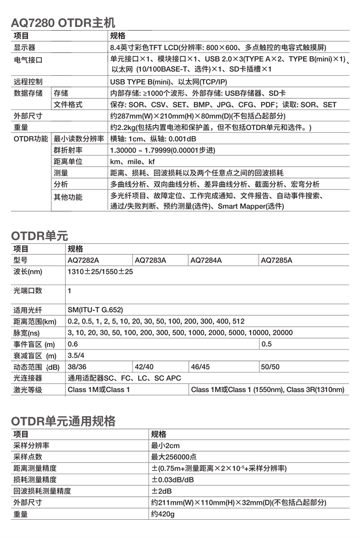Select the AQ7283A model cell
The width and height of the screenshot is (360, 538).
point(150,261)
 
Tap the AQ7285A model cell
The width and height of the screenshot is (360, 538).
point(276,261)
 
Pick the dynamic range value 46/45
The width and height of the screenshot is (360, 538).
point(201,367)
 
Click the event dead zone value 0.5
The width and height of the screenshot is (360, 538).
point(266,344)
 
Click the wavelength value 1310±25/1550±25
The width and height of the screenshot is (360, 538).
point(100,272)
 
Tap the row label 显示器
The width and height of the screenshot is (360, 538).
point(24,48)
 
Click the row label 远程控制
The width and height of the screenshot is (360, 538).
point(28,82)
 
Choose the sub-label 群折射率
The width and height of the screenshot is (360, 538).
point(68,150)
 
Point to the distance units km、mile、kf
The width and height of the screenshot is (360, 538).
point(132,162)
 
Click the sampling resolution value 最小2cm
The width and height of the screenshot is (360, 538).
point(166,445)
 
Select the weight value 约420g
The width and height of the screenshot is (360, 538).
point(163,514)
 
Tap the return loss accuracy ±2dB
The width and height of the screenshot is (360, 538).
point(162,491)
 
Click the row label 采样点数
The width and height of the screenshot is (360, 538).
point(28,457)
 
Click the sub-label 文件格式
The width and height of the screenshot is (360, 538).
point(68,105)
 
